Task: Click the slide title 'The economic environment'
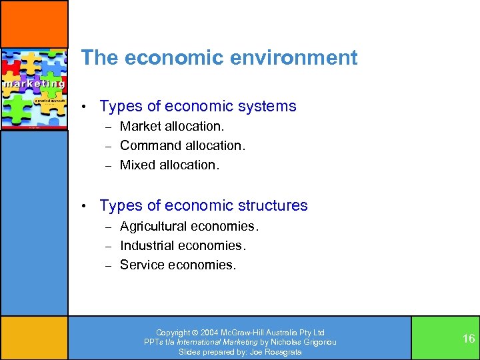pyautogui.click(x=219, y=58)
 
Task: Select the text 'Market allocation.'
pyautogui.click(x=172, y=126)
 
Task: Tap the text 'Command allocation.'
pyautogui.click(x=183, y=145)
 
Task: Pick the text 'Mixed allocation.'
pyautogui.click(x=169, y=165)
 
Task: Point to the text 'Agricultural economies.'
pyautogui.click(x=189, y=226)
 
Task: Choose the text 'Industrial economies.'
pyautogui.click(x=183, y=245)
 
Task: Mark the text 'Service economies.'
pyautogui.click(x=178, y=265)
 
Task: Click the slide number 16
pyautogui.click(x=469, y=339)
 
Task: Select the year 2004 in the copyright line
pyautogui.click(x=207, y=333)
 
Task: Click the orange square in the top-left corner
pyautogui.click(x=33, y=23)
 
